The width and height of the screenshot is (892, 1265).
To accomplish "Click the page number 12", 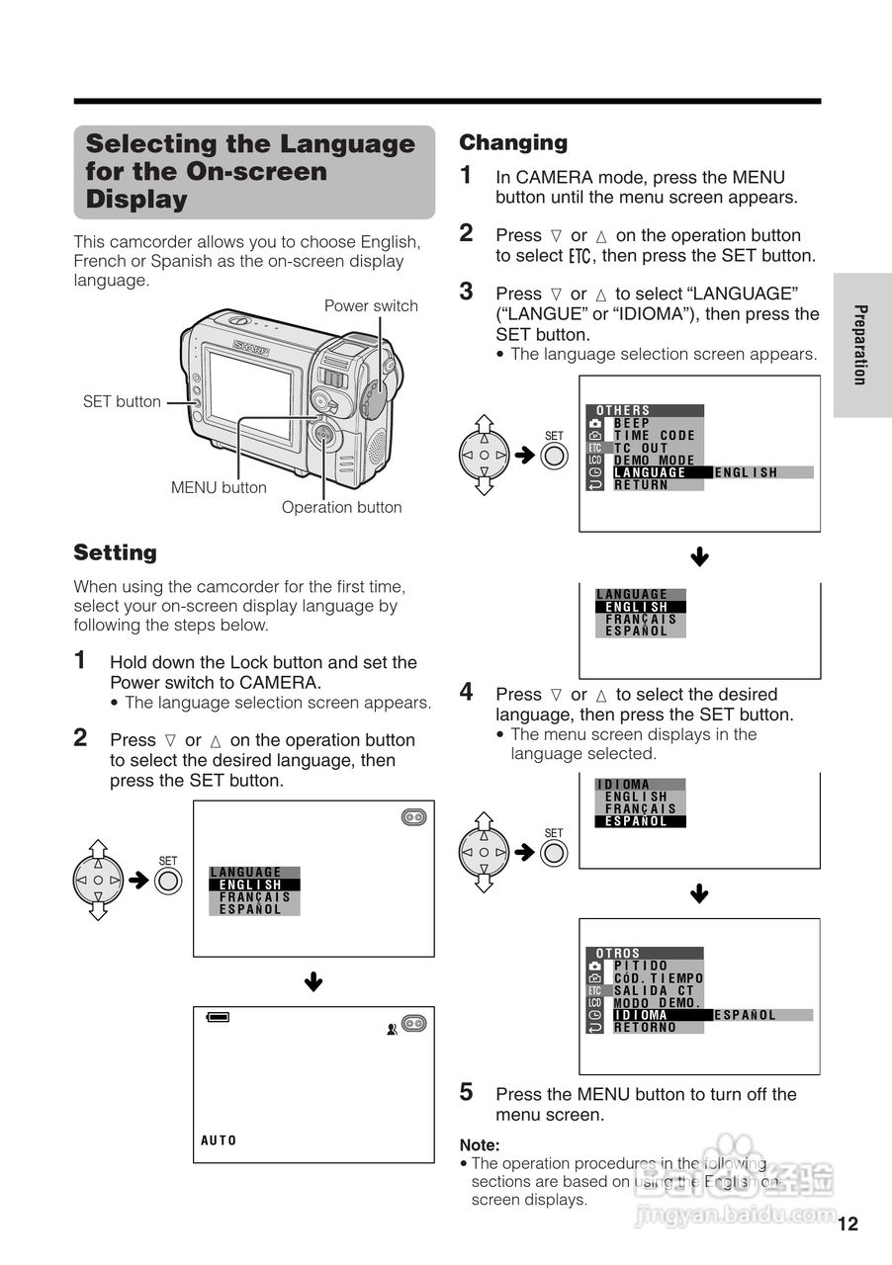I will click(x=847, y=1224).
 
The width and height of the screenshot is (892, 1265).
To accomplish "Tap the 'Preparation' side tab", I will click(x=860, y=345).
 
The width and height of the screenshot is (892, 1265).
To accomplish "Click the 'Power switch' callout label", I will click(x=371, y=305).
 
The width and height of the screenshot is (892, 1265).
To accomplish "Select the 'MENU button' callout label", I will click(x=219, y=487).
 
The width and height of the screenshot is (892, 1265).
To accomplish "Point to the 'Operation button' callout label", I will click(x=341, y=507).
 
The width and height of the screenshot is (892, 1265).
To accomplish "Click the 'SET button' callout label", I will click(x=121, y=401).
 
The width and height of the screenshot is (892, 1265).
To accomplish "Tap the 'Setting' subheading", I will click(x=116, y=552).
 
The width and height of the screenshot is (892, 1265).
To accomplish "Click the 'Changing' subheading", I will click(x=513, y=142).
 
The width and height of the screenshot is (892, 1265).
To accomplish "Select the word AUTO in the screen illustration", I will click(x=220, y=1140).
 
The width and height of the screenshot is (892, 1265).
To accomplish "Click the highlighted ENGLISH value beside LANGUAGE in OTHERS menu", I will click(x=747, y=472).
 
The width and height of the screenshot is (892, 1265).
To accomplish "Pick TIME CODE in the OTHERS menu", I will click(x=655, y=435).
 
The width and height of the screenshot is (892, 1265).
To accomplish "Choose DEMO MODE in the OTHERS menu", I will click(x=655, y=461).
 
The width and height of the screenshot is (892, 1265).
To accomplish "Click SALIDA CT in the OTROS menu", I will click(x=655, y=990).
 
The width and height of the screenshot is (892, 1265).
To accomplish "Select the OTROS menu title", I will click(x=618, y=954).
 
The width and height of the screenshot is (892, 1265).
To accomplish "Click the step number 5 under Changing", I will click(x=467, y=1092).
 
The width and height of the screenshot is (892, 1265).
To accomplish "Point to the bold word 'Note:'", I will click(x=480, y=1144).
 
